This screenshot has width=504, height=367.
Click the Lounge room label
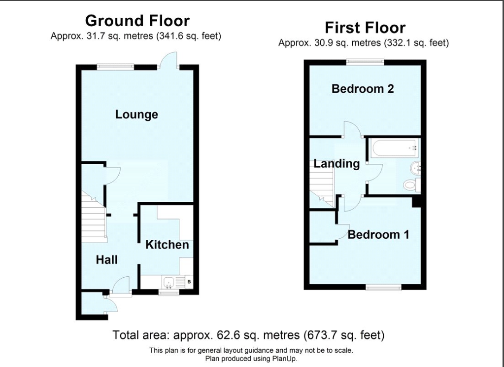(136, 114)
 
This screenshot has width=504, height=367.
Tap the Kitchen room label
(167, 245)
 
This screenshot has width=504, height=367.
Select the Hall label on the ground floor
(106, 259)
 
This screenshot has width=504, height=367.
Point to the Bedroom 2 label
(363, 89)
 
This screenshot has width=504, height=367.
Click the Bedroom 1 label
(378, 234)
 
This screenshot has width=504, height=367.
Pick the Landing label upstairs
(336, 164)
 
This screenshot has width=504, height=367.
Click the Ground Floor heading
(137, 21)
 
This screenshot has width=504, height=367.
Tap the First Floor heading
(365, 27)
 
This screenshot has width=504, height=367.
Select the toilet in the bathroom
(410, 185)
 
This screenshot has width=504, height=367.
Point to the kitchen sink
(168, 282)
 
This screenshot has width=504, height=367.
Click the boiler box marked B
(189, 282)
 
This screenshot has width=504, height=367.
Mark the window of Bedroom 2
(365, 61)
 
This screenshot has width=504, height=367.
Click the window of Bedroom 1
(383, 287)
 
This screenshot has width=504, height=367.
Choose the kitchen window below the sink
(169, 293)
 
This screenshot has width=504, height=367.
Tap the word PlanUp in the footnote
(283, 359)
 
